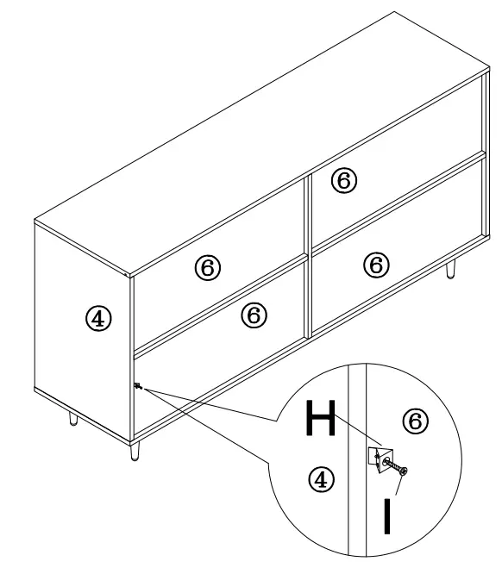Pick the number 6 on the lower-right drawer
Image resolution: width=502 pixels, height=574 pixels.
[x=374, y=264]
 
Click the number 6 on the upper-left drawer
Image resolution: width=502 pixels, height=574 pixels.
[x=208, y=269]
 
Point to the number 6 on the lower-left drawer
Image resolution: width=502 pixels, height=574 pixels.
[x=252, y=315]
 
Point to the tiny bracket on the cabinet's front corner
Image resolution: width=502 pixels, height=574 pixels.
[x=137, y=386]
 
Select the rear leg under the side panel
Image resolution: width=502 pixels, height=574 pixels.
[x=72, y=419]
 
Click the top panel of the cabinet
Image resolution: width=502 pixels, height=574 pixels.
[x=259, y=138]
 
